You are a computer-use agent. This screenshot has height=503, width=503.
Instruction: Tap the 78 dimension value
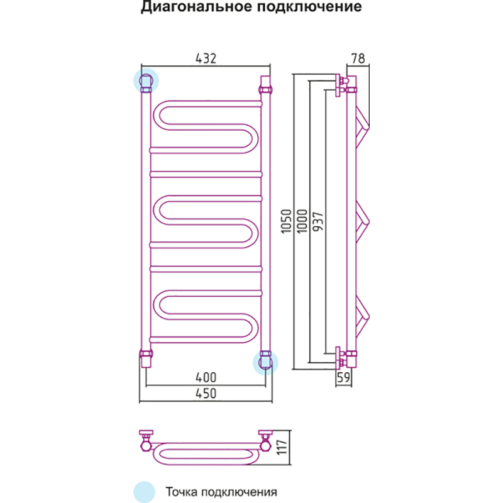(358, 58)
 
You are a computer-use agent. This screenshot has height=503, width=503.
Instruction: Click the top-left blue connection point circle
(146, 80)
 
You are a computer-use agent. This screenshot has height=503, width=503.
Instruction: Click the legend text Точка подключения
(221, 491)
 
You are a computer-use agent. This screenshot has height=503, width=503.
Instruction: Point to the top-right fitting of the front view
(265, 84)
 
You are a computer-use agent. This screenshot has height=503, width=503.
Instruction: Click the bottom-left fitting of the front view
(146, 357)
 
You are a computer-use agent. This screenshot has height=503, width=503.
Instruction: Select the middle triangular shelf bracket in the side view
(363, 223)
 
